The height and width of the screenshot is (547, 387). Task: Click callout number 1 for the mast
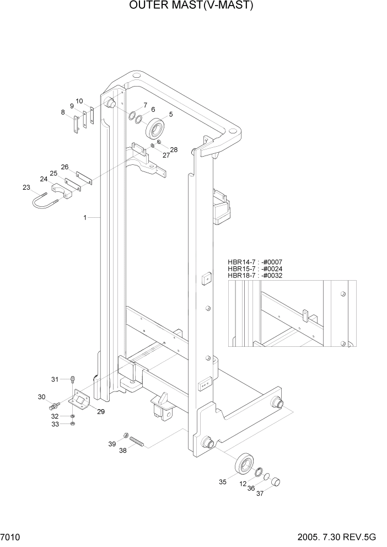85,218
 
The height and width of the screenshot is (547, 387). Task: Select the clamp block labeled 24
61,192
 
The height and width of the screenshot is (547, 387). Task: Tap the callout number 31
55,379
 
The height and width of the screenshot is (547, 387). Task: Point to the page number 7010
10,537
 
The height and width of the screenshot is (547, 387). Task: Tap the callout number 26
64,167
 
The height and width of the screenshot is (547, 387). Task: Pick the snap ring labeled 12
257,471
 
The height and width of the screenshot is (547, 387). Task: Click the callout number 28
174,150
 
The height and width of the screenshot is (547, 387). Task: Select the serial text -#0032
272,276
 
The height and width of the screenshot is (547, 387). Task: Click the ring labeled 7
132,116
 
